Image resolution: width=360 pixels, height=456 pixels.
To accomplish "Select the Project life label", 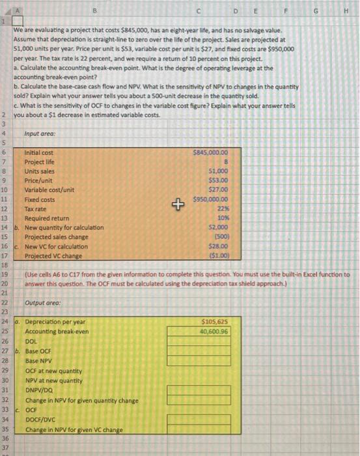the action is coord(40,162).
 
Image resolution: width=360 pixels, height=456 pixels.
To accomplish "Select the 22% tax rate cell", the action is coord(221,208).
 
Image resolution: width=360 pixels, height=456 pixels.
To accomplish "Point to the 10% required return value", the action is coord(221,218).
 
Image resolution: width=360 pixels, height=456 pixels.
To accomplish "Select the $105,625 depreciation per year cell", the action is coord(215,322).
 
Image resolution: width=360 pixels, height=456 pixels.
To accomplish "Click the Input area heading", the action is coord(40,134).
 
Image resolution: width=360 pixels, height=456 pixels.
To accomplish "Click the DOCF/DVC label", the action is coord(40,421).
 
